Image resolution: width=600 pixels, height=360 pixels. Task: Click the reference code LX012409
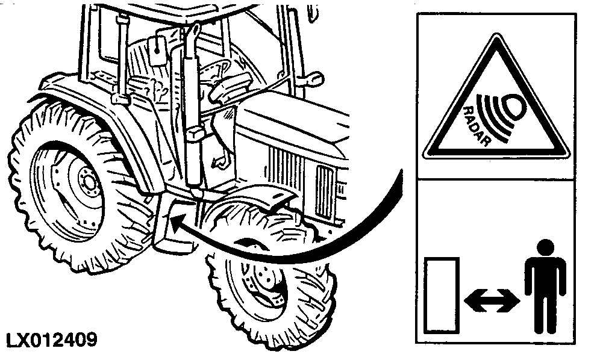pyautogui.click(x=52, y=340)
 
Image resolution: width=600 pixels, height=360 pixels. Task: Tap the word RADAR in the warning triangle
pyautogui.click(x=476, y=125)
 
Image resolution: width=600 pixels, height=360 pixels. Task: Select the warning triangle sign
pyautogui.click(x=496, y=97)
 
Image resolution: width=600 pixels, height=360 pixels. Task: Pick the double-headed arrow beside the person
pyautogui.click(x=492, y=300)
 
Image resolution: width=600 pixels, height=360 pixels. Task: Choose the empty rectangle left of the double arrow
pyautogui.click(x=442, y=295)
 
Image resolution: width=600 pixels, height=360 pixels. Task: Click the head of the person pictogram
pyautogui.click(x=546, y=247)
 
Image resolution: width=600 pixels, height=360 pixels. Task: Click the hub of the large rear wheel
pyautogui.click(x=89, y=181)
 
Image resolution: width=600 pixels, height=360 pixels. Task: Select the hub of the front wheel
pyautogui.click(x=264, y=278)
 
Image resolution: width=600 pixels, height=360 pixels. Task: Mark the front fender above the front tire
pyautogui.click(x=249, y=199)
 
